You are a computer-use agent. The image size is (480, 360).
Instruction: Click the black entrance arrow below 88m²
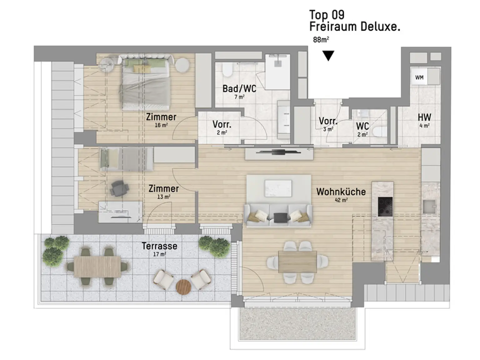[328, 56]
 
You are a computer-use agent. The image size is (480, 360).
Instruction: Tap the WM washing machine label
[419, 77]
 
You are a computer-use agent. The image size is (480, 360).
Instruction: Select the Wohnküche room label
[341, 192]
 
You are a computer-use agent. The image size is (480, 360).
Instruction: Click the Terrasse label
[159, 246]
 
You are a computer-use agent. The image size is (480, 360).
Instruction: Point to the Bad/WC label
[239, 88]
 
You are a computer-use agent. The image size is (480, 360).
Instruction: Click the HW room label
[424, 117]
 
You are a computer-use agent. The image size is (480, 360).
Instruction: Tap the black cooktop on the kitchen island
[385, 207]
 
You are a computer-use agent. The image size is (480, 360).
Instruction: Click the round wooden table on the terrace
[183, 287]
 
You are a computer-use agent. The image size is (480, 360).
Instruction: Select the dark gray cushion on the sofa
[280, 217]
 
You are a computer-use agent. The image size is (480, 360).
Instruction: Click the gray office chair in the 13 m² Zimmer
[119, 188]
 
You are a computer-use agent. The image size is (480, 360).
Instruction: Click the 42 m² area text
[341, 200]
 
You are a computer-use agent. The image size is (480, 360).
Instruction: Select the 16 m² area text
[161, 125]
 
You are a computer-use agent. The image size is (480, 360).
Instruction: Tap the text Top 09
[327, 15]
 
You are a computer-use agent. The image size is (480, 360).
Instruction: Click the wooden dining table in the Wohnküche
[297, 262]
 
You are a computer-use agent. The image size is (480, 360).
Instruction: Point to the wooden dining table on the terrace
[97, 267]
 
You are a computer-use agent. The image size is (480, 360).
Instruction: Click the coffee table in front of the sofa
[278, 188]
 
